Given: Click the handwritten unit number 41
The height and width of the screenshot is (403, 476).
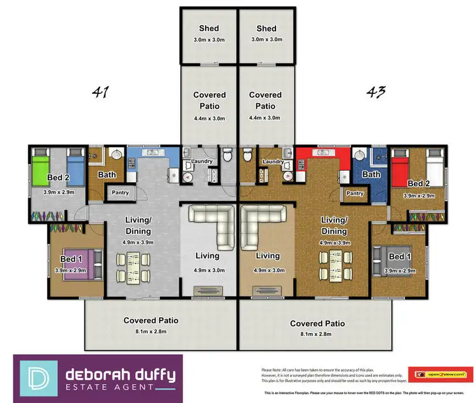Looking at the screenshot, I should tap(100, 93).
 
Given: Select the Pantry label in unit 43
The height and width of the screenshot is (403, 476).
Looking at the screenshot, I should tap(355, 193).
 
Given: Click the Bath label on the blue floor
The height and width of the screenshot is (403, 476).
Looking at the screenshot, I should tap(371, 175).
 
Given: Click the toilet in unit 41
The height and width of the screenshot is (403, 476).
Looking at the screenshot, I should tap(228, 154).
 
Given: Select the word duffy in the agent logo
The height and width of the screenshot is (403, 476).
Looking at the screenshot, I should tap(150, 373).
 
